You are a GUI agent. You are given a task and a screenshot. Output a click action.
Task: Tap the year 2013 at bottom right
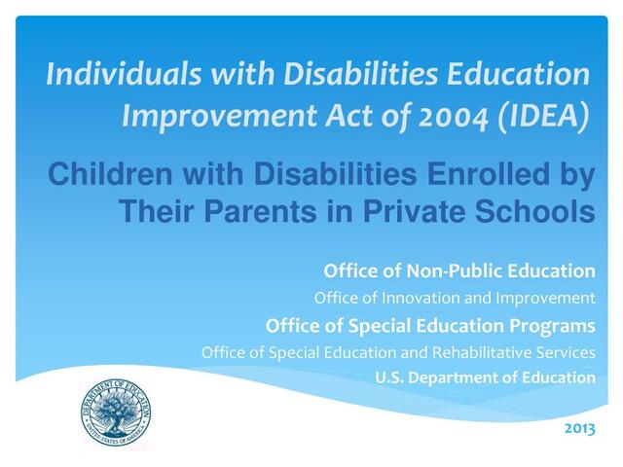pyautogui.click(x=579, y=426)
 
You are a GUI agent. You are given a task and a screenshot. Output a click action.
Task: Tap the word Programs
pyautogui.click(x=552, y=324)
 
